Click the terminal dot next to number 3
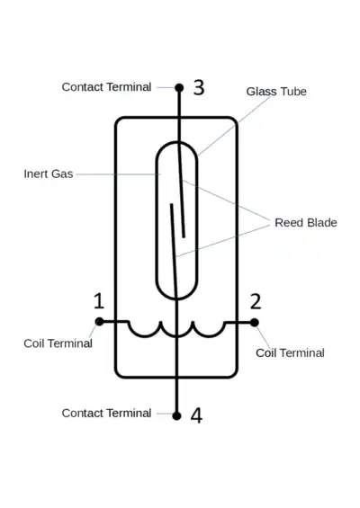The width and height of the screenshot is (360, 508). click(x=179, y=87)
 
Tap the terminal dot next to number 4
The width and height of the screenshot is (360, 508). click(x=176, y=415)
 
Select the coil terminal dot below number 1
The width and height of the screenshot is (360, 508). click(x=100, y=322)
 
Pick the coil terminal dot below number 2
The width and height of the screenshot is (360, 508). click(x=255, y=323)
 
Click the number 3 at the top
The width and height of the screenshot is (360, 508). click(x=199, y=87)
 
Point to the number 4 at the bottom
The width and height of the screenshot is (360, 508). click(x=196, y=415)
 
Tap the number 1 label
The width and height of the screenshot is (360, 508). click(x=99, y=300)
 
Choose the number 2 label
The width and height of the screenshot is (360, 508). click(x=256, y=301)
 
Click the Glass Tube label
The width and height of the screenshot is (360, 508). click(x=276, y=92)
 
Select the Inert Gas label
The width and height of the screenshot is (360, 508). click(x=49, y=174)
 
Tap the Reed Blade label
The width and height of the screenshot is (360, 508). click(x=306, y=223)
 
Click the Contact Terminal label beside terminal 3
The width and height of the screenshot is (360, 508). click(x=106, y=87)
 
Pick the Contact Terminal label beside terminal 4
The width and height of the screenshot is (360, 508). click(x=106, y=413)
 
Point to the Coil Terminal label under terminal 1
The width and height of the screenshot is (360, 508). click(x=58, y=343)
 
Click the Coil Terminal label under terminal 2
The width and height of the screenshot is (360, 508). click(x=290, y=352)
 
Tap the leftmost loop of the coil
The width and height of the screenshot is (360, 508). click(x=145, y=336)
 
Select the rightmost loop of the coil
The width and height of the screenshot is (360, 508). click(x=209, y=336)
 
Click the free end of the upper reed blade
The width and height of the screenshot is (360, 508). click(x=184, y=237)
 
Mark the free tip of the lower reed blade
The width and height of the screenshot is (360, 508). click(x=172, y=204)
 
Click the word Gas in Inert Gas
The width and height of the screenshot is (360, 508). click(x=62, y=174)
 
